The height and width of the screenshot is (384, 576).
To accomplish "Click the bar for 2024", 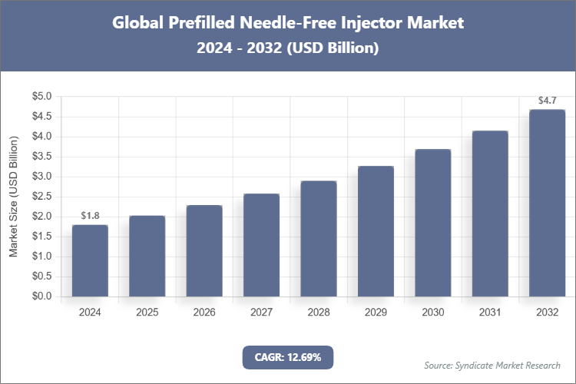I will point(90,260).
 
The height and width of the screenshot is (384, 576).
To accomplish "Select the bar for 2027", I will point(261,245).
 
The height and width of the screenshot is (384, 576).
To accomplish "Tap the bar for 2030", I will point(432,223).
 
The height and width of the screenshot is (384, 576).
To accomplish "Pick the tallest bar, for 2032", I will point(547,203).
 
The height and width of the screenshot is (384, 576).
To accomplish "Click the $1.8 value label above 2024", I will point(90,215).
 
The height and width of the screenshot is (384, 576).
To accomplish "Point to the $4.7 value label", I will point(547,100).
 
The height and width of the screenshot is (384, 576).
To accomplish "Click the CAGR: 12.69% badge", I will point(288,357).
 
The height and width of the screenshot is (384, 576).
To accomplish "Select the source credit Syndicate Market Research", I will point(492,365).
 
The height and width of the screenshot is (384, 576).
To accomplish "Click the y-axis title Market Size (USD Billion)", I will point(13,197).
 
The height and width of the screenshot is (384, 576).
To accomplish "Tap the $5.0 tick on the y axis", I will point(41,97).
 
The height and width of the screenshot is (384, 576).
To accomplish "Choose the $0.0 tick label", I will point(41,296).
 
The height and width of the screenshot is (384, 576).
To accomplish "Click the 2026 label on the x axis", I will point(204,313).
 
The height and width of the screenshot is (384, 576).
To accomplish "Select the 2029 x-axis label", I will point(376,313).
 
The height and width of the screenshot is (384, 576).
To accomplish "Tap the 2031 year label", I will point(490,313).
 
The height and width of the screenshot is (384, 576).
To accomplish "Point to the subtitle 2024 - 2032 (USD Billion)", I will point(288,48).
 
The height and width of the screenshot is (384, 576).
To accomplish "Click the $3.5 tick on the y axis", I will point(41,157).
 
